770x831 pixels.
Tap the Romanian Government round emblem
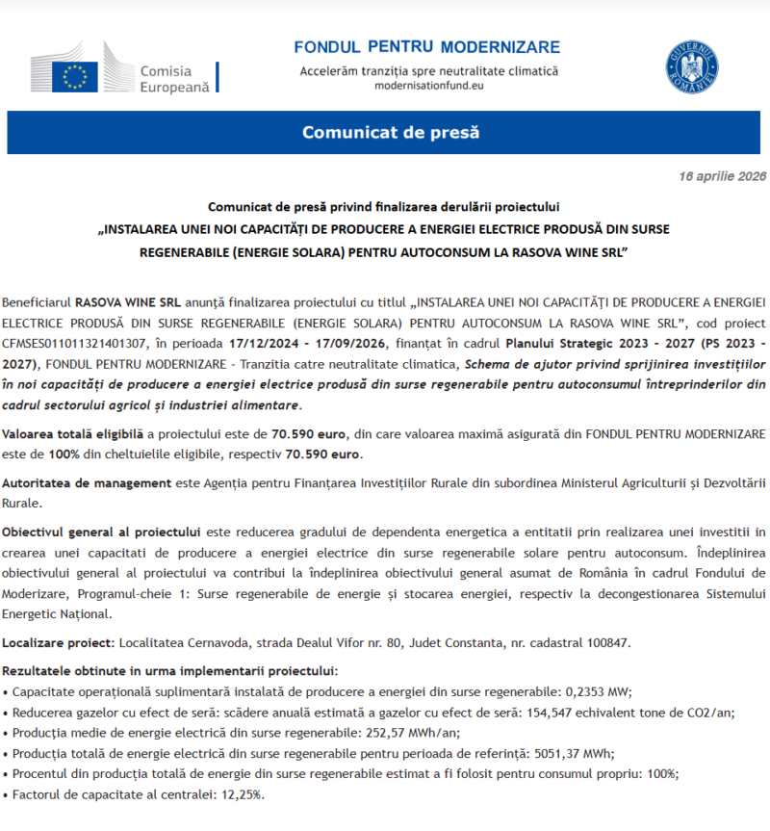click(x=691, y=67)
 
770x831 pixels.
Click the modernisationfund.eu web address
click(x=428, y=86)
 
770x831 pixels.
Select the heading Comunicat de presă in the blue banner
click(x=390, y=132)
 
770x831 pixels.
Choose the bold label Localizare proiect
click(x=59, y=641)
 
